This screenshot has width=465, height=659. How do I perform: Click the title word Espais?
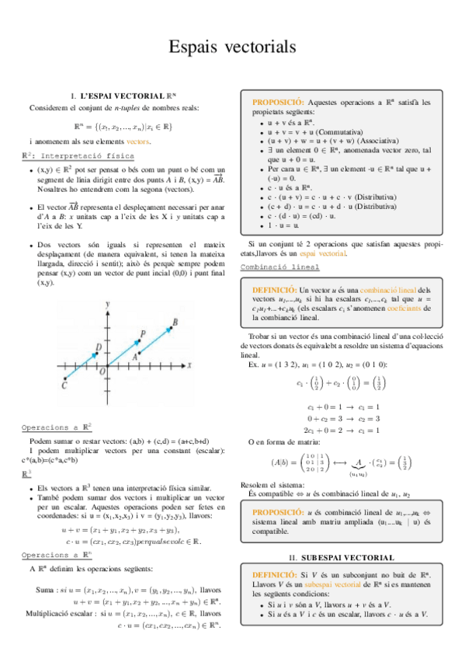pos(196,48)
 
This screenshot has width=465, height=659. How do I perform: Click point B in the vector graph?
pos(175,322)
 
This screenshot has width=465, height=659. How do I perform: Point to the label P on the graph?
pos(141,334)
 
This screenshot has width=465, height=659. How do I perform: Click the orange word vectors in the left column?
pos(137,141)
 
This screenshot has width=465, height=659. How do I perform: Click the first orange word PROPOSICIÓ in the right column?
pos(278,103)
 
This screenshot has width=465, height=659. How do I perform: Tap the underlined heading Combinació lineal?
pos(279,267)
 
